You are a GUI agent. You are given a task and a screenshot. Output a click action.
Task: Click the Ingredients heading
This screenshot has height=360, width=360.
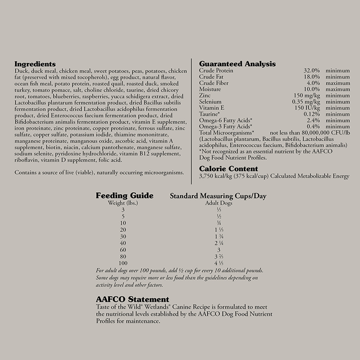pyautogui.click(x=35, y=64)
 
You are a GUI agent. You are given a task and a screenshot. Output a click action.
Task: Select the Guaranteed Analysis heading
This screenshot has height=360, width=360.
pyautogui.click(x=237, y=64)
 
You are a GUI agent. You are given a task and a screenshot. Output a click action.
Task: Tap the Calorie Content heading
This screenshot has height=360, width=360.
pyautogui.click(x=229, y=169)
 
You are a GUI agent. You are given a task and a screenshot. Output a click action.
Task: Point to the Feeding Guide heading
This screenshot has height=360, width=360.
pyautogui.click(x=125, y=196)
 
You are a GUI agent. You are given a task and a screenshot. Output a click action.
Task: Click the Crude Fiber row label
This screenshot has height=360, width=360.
pyautogui.click(x=213, y=83)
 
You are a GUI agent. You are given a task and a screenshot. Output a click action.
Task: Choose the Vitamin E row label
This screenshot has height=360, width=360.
pyautogui.click(x=212, y=108)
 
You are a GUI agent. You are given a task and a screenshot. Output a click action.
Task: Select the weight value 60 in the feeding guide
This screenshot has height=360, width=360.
pyautogui.click(x=123, y=249)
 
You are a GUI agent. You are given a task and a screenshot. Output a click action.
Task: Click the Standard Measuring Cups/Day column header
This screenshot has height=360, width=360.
pyautogui.click(x=218, y=196)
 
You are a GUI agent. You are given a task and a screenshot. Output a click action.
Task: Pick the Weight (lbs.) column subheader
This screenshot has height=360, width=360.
pyautogui.click(x=123, y=203)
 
